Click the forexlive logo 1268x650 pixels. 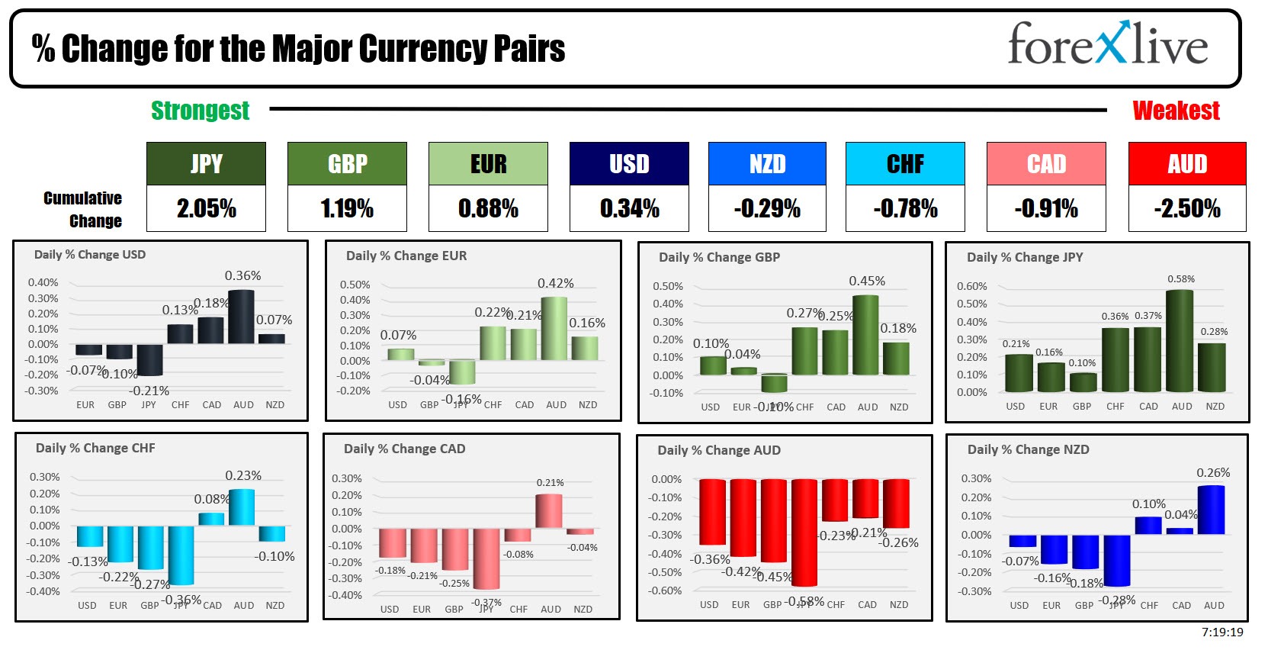(x=1107, y=44)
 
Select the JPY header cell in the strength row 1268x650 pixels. (x=206, y=163)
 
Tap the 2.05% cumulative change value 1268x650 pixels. (x=206, y=208)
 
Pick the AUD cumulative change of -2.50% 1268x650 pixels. (x=1186, y=208)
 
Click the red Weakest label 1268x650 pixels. (x=1176, y=111)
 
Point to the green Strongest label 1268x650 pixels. (x=200, y=111)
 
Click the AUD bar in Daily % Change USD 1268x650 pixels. (x=241, y=317)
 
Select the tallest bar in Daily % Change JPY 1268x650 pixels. (x=1180, y=341)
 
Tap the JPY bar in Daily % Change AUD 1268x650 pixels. (x=804, y=532)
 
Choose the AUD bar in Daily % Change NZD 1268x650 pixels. (x=1211, y=510)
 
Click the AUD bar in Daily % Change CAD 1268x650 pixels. (x=549, y=511)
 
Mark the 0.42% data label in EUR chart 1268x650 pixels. (x=555, y=284)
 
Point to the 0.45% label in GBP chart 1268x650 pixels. (x=867, y=282)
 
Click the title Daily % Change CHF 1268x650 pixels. (x=95, y=449)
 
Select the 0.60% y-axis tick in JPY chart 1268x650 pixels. (x=971, y=286)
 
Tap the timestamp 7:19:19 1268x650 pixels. (x=1222, y=632)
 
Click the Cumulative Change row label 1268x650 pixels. (x=83, y=210)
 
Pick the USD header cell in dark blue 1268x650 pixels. (x=629, y=163)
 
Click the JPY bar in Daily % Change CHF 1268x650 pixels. (x=181, y=555)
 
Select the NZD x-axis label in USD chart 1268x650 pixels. (x=274, y=405)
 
